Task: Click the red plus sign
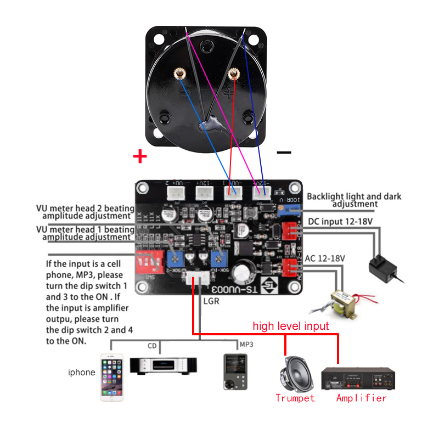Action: coord(140,157)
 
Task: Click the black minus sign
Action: coord(284,153)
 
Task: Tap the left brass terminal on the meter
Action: coord(179,74)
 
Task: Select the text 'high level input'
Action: coord(290,326)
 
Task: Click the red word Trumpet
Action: coord(295,398)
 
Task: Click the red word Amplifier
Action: coord(361,398)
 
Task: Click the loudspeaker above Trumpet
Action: coord(296,373)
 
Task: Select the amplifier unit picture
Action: coord(360,378)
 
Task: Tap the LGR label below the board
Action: coord(211,301)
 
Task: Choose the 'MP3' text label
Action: coord(246,345)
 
